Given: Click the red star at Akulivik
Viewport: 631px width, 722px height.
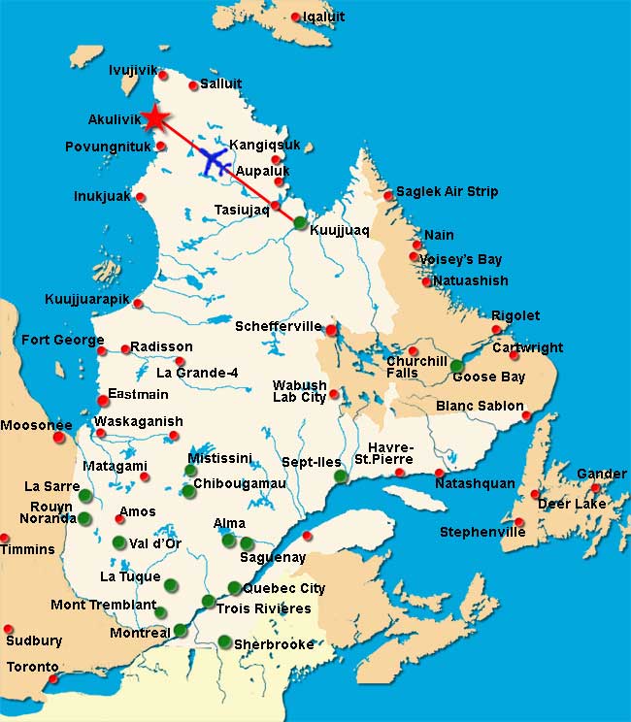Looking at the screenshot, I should point(154,117).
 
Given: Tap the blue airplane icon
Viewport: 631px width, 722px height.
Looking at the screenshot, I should point(215,159).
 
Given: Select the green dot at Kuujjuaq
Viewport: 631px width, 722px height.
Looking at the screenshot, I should point(301,223).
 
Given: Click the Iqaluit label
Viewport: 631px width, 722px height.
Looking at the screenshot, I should point(323,16).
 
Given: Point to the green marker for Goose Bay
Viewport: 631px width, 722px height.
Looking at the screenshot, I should point(456,366).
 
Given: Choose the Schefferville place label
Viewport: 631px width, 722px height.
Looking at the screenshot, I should point(278,327).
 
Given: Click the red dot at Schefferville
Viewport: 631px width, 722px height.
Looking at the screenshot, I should point(331,330).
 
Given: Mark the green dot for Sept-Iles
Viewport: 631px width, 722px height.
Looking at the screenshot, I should point(340,476).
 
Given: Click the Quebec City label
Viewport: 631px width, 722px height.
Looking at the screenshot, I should point(283,588).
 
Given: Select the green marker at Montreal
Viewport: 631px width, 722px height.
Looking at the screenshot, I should point(180,631).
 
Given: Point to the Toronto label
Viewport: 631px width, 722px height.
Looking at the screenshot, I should point(33,668).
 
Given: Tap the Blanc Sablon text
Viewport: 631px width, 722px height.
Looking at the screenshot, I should point(480,406).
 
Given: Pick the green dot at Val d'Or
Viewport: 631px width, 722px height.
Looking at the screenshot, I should point(119,541).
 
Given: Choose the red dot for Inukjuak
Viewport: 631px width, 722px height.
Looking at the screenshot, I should point(141,197).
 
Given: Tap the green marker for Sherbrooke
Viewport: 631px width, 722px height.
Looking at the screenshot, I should point(224,641).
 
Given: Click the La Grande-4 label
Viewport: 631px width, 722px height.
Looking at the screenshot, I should point(197,372).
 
